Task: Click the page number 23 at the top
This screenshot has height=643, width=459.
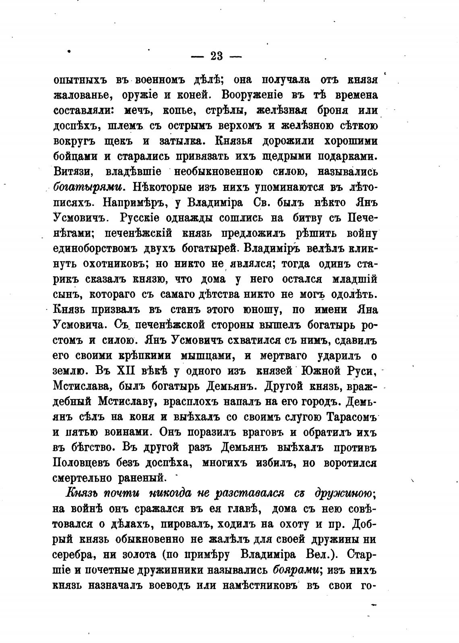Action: pos(216,56)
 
